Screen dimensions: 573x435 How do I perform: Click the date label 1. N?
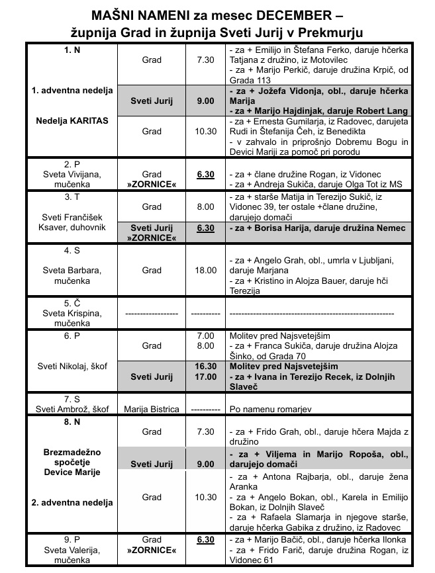73,50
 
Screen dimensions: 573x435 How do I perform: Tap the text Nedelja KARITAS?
73,122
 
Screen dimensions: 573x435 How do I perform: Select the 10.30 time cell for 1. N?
206,132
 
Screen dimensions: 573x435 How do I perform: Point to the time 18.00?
206,270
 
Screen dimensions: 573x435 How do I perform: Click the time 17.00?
206,376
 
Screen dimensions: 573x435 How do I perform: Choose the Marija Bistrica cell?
152,408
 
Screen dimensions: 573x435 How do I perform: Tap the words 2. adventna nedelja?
73,502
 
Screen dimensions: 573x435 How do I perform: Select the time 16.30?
206,366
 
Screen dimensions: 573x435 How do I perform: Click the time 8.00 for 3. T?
206,206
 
